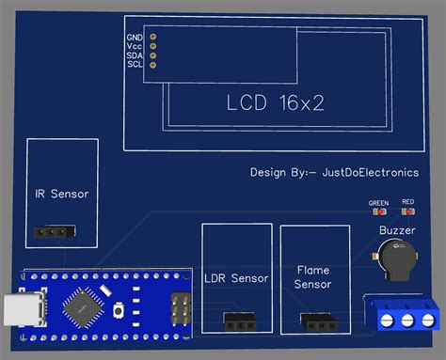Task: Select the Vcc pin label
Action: click(x=134, y=46)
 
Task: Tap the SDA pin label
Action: click(x=134, y=55)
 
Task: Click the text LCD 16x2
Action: click(x=276, y=102)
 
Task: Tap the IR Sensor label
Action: click(x=61, y=195)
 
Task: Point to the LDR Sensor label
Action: click(x=236, y=278)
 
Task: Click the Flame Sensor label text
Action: click(x=312, y=276)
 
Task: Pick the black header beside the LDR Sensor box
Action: click(x=241, y=321)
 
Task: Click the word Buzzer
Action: click(x=396, y=230)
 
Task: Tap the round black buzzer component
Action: click(x=396, y=258)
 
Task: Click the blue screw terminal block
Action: click(x=403, y=315)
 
